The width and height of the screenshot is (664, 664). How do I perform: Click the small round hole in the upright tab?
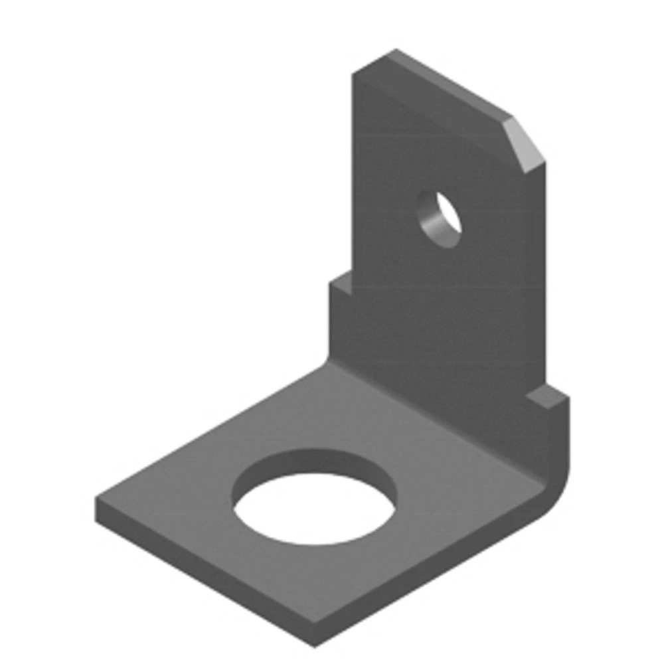pyautogui.click(x=440, y=218)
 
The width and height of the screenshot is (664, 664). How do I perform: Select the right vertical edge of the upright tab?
pyautogui.click(x=544, y=279)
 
